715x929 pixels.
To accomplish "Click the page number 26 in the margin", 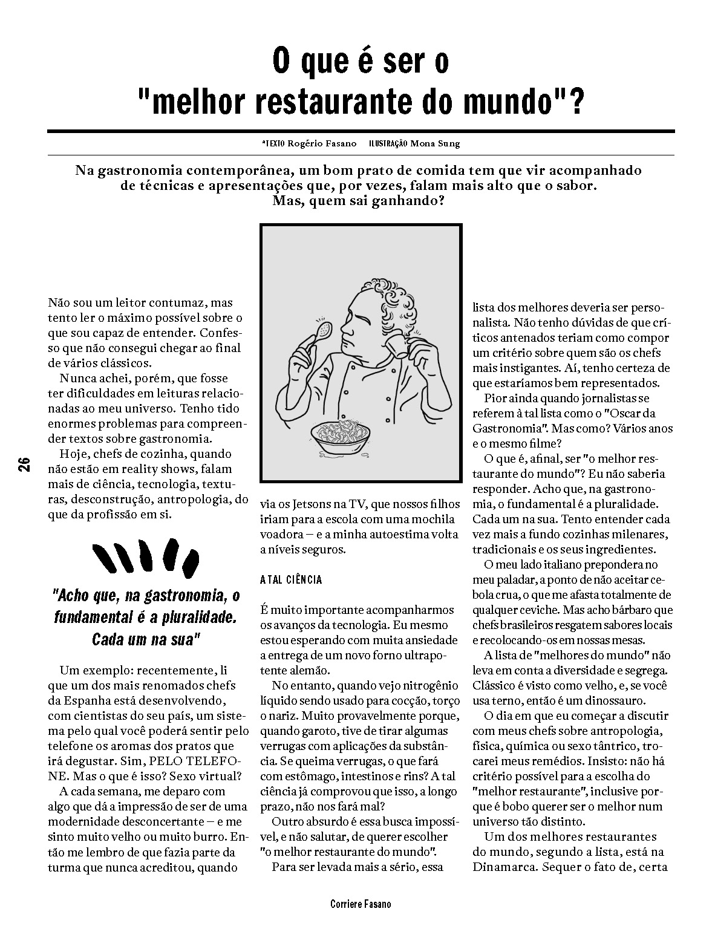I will [x=24, y=464].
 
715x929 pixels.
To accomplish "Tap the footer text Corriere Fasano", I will [x=361, y=904].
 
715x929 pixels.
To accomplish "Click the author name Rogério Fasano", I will [x=313, y=143].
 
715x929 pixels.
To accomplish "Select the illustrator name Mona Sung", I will [x=434, y=143].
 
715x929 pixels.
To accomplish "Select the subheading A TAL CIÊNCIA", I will [x=291, y=580].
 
